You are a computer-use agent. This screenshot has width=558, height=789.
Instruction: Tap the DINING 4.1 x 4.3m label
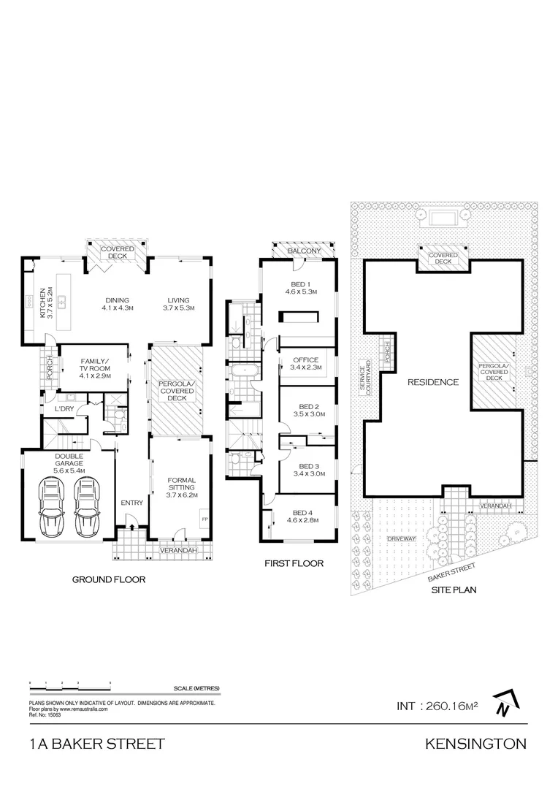coord(117,305)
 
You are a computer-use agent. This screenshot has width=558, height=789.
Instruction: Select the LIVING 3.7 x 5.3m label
coord(177,305)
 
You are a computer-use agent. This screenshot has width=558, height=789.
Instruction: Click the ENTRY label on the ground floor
coord(132,503)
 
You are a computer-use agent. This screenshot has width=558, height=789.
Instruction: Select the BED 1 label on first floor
coord(299,288)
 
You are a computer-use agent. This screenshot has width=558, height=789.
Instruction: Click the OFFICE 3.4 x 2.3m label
coord(305,364)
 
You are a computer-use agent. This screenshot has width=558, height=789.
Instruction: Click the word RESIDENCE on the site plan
coord(432,382)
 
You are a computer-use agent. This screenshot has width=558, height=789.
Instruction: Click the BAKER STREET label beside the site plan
coord(451,570)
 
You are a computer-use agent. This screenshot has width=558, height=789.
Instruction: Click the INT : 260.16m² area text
coord(437,706)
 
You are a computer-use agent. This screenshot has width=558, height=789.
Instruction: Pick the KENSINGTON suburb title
coord(475,744)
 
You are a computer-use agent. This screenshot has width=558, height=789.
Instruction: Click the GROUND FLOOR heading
coord(108,579)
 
